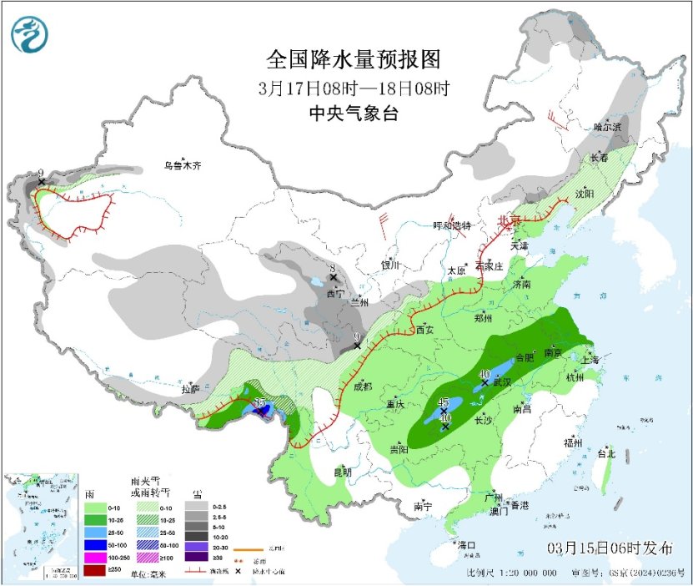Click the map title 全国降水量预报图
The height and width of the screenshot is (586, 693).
[352, 60]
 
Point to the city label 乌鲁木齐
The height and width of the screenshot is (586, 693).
[183, 165]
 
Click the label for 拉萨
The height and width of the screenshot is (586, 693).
[191, 389]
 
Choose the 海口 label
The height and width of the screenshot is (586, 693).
[467, 545]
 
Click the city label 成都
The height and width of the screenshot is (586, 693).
[362, 386]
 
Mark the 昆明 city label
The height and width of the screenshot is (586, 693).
[343, 472]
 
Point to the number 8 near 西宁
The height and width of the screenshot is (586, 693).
[332, 268]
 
